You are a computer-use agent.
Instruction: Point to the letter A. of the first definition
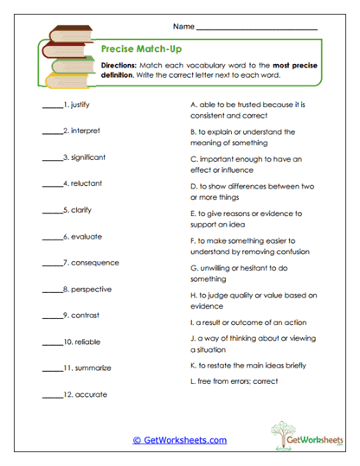[192, 105]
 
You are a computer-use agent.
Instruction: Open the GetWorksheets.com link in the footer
[180, 440]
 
